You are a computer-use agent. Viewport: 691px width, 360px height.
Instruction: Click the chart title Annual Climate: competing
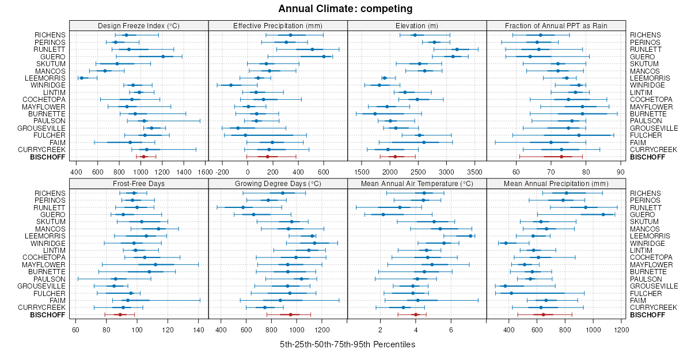click(x=345, y=9)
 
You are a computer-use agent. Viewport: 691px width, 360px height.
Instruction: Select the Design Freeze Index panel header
click(x=139, y=25)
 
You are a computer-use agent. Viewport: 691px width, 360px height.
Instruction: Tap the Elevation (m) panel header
click(x=417, y=25)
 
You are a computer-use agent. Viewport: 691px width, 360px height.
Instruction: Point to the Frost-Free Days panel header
click(x=139, y=183)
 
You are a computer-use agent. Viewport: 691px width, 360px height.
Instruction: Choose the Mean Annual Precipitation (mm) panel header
click(x=556, y=183)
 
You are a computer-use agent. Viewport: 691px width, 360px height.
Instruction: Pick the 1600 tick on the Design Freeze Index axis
click(x=206, y=171)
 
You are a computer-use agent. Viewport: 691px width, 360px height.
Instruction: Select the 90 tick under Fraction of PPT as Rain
click(x=621, y=171)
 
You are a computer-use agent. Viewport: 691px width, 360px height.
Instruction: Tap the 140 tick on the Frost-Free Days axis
click(x=198, y=329)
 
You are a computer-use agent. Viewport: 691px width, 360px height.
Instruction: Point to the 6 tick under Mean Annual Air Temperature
click(x=451, y=329)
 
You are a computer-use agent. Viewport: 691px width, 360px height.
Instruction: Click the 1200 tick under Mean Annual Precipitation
click(x=621, y=329)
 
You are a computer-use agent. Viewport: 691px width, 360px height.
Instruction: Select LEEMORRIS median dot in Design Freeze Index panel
click(x=82, y=78)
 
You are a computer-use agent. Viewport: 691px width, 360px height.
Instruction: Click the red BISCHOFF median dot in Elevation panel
click(x=395, y=157)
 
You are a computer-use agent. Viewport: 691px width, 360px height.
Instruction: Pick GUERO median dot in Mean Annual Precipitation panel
click(x=603, y=214)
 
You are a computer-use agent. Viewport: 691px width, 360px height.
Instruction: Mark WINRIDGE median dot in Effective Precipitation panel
click(x=231, y=85)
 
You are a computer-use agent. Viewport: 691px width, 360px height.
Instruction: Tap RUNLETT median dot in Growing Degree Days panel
click(x=243, y=207)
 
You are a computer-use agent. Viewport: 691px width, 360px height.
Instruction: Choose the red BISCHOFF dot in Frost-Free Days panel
click(x=120, y=314)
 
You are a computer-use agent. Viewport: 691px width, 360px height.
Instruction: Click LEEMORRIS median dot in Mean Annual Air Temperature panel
click(x=470, y=236)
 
